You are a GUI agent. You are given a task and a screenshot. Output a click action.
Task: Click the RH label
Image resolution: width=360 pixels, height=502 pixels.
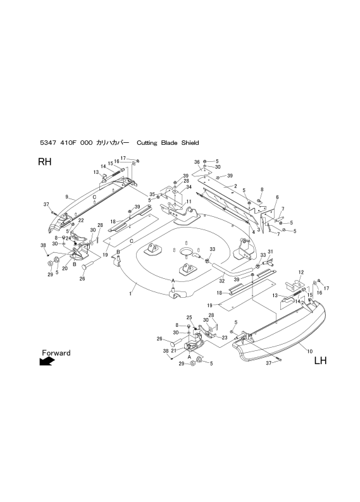pos(44,162)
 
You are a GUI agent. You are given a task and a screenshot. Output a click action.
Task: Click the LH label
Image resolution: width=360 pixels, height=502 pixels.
pos(320,360)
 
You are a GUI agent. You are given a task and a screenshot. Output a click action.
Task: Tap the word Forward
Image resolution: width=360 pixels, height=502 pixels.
pos(56,353)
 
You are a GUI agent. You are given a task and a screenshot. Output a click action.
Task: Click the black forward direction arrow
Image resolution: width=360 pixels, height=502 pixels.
pos(47,361)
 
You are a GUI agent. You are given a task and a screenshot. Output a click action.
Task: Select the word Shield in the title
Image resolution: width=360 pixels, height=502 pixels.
pos(190,142)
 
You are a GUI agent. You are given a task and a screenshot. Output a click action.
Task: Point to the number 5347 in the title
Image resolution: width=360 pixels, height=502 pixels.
pos(47,143)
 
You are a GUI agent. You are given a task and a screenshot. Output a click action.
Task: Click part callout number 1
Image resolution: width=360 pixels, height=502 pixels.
pos(130,293)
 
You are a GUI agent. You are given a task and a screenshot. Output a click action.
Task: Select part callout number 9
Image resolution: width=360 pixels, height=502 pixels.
pos(66,196)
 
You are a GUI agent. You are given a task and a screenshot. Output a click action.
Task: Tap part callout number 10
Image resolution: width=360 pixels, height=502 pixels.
pos(310,351)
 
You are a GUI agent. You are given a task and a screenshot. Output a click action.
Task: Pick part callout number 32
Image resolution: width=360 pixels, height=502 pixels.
pos(222,281)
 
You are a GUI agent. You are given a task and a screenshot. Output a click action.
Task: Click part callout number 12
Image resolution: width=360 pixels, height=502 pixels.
pos(301,272)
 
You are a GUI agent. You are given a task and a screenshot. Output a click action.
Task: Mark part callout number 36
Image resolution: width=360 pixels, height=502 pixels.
pos(197,162)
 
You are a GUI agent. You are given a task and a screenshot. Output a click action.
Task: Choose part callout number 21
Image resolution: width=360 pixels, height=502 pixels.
pos(174,350)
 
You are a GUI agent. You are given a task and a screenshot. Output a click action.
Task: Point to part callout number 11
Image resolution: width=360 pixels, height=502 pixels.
pos(189,202)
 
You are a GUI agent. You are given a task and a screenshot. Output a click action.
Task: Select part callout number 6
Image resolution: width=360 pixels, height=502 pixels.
pos(277,197)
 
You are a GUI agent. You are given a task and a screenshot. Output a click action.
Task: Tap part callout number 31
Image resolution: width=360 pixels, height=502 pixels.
pos(270,252)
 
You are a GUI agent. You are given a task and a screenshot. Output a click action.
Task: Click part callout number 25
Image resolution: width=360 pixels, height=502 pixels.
pos(189,317)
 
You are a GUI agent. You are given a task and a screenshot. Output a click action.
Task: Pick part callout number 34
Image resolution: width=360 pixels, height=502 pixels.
pos(189,187)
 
